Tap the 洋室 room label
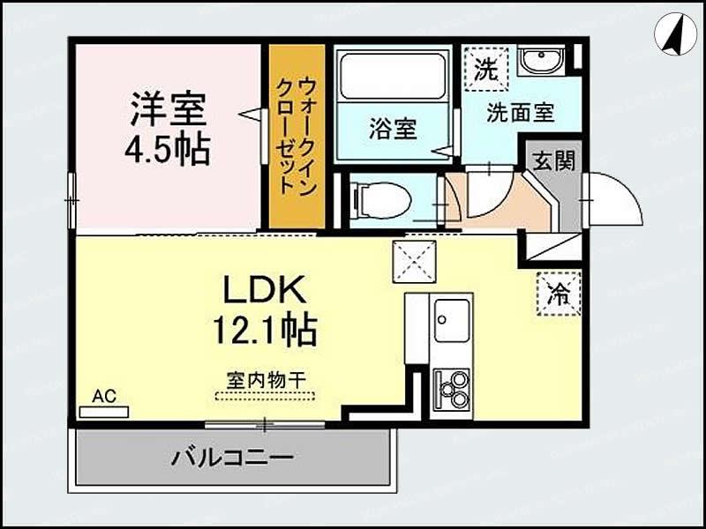169,110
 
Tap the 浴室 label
393,130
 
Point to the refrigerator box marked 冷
559,294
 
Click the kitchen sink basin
452,317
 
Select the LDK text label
262,291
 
